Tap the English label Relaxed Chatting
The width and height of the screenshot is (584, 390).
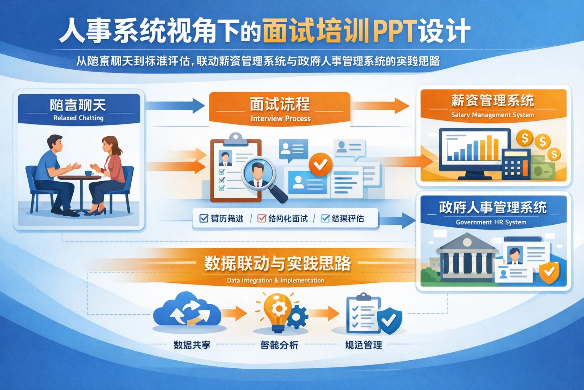[x=78, y=118]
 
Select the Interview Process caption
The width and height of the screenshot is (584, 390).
[x=281, y=118]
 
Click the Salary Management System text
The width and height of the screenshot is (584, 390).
[x=492, y=115]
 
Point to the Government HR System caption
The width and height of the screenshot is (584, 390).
[x=491, y=222]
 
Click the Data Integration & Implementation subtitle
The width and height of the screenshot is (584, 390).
[x=275, y=280]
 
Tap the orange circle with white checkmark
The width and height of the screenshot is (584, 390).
[x=320, y=165]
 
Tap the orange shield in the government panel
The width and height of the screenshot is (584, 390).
[x=549, y=272]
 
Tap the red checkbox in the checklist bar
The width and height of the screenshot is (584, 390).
[x=262, y=218]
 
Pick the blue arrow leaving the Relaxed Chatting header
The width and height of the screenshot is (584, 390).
[x=175, y=105]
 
